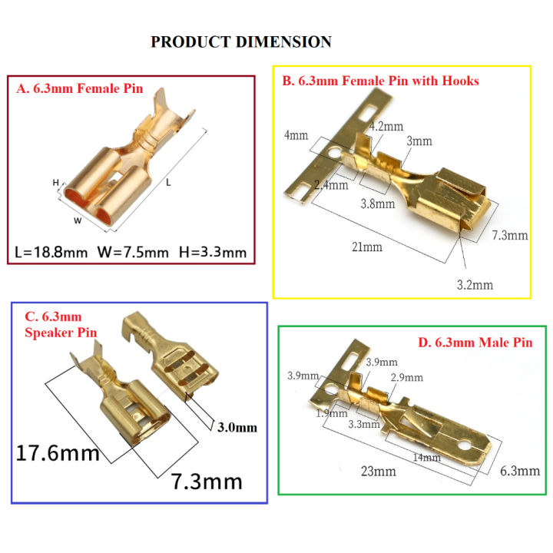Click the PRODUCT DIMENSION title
pyautogui.click(x=240, y=41)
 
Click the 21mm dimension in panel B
pyautogui.click(x=367, y=247)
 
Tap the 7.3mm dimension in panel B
pyautogui.click(x=509, y=235)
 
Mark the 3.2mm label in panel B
pyautogui.click(x=475, y=285)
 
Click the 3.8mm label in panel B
pyautogui.click(x=379, y=204)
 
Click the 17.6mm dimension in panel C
pyautogui.click(x=58, y=452)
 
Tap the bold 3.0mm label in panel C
pyautogui.click(x=238, y=427)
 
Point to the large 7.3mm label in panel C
pyautogui.click(x=206, y=482)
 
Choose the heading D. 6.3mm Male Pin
pyautogui.click(x=475, y=343)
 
